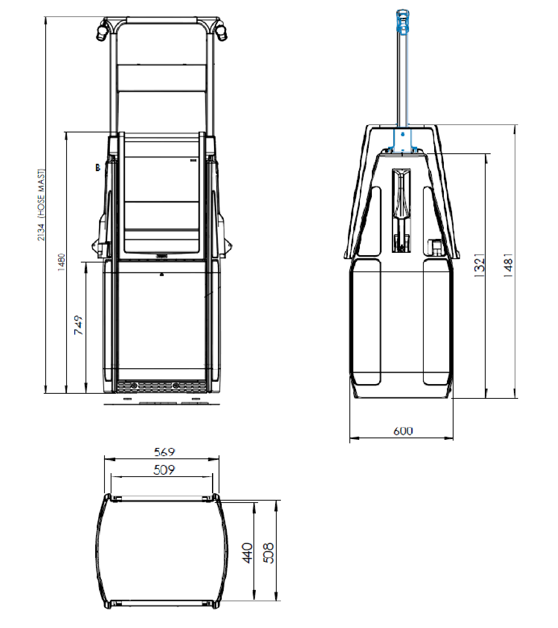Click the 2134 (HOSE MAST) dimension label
41,205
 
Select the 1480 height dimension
61,262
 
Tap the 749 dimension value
78,325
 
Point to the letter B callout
98,168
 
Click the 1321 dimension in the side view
479,265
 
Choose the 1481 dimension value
508,265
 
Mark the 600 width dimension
403,431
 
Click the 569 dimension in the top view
164,452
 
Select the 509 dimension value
164,470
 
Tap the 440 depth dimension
247,553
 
